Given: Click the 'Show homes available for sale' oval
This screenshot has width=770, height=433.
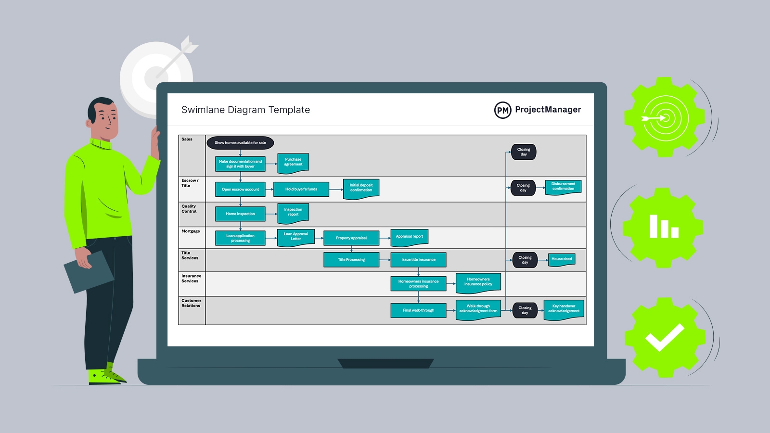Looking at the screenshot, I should [240, 143].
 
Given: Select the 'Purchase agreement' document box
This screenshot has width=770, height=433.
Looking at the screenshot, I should [293, 162].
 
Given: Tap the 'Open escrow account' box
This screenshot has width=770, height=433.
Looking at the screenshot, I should [240, 190].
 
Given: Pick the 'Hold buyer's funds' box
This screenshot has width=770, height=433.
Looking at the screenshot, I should [301, 189].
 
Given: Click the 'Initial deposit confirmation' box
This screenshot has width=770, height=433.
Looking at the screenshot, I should [361, 188].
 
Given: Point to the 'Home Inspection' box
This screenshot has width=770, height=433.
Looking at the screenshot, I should [240, 214].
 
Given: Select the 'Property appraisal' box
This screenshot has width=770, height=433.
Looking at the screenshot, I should [351, 238].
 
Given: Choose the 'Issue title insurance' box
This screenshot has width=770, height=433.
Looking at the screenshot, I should [418, 260].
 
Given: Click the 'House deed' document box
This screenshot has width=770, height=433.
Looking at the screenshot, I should [562, 259].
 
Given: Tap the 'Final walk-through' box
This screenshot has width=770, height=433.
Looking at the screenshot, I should [418, 310].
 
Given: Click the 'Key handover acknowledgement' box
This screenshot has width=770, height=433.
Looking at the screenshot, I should [564, 309].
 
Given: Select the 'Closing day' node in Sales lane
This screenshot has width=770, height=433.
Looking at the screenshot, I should [524, 152].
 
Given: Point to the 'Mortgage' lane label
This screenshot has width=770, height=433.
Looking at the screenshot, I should [191, 231].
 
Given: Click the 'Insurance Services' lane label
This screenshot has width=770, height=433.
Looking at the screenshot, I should [191, 279].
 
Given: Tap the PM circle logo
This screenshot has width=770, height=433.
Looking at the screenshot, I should [502, 110].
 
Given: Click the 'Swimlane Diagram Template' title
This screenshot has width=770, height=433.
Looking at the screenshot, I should [245, 110].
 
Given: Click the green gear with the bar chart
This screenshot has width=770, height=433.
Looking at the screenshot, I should [663, 227].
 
